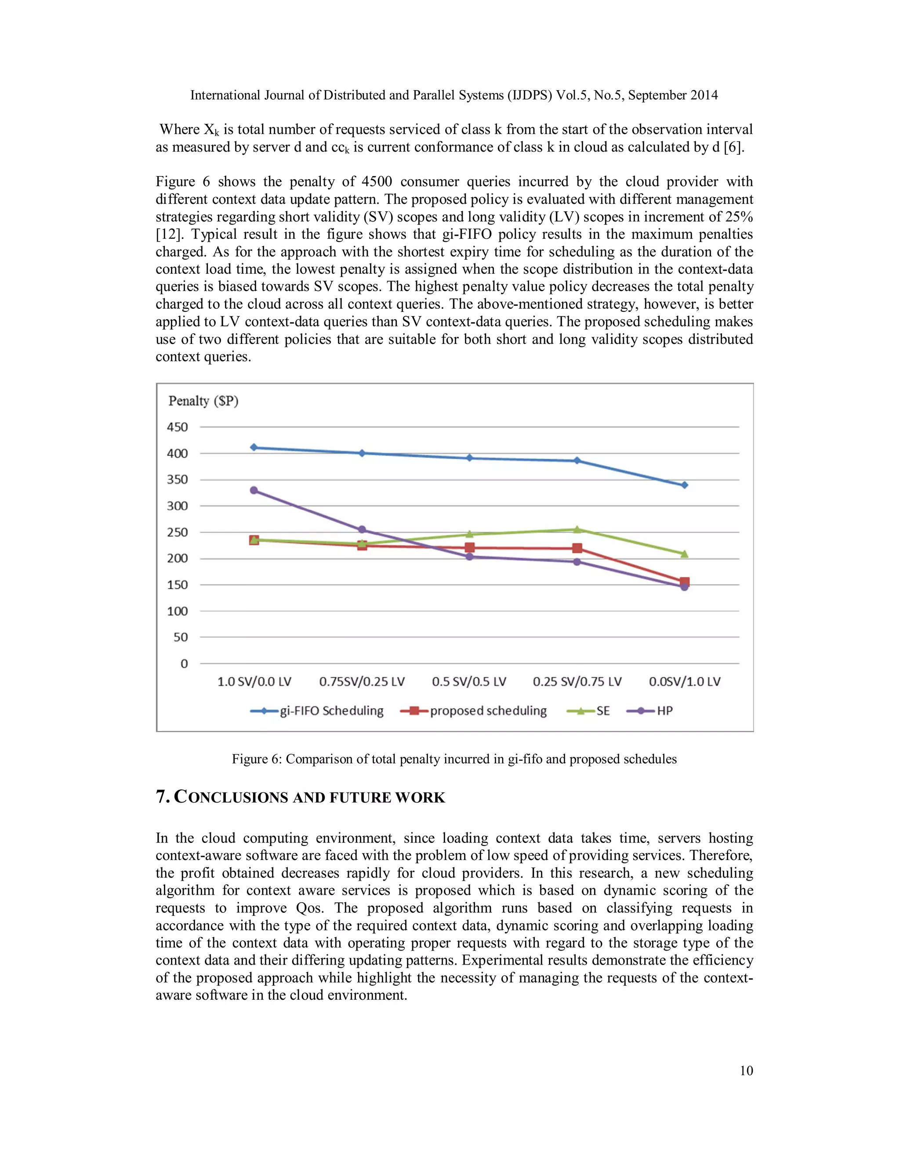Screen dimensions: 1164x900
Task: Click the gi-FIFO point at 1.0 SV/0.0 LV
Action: [x=254, y=447]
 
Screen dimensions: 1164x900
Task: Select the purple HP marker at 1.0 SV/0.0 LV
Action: [x=254, y=490]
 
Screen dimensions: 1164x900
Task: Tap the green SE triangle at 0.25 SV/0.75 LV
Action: [x=577, y=529]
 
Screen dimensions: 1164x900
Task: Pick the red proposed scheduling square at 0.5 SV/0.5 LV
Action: [x=469, y=548]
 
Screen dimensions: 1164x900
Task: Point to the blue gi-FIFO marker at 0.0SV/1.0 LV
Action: [x=685, y=485]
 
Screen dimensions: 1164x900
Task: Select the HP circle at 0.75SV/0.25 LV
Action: [x=362, y=530]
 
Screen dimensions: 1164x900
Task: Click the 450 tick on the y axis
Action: [x=178, y=427]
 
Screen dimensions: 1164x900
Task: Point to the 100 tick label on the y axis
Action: [x=178, y=611]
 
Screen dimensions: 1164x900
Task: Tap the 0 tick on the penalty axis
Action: [x=184, y=664]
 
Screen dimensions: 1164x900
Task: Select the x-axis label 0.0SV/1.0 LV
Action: [x=685, y=682]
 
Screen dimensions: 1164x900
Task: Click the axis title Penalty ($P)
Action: [x=203, y=401]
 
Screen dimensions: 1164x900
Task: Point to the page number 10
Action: [x=746, y=1071]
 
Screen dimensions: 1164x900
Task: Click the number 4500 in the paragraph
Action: [x=377, y=182]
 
